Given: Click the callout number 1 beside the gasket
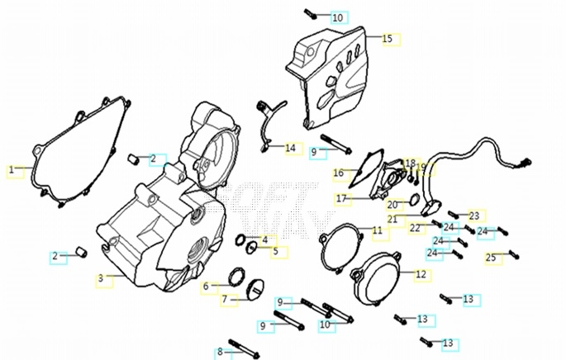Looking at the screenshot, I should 12,170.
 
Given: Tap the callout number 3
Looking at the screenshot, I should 101,279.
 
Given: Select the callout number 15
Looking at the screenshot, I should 387,38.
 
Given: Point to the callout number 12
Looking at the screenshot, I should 421,273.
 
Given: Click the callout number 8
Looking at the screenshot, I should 220,353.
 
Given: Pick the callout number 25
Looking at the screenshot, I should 491,258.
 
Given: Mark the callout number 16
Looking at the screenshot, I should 339,173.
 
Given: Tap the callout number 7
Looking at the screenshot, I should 224,299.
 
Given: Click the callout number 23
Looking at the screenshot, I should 474,216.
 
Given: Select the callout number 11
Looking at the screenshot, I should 377,230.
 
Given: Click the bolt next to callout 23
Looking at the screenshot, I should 454,215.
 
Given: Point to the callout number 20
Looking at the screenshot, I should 393,205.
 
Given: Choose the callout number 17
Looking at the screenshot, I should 340,198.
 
